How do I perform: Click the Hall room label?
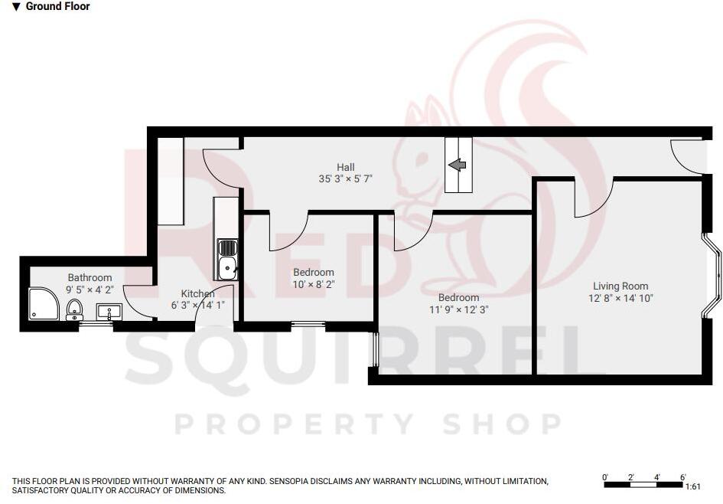coord(346,167)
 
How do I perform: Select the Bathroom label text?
coord(90,277)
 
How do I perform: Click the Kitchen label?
coord(197,293)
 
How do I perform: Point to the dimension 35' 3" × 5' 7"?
coord(347,180)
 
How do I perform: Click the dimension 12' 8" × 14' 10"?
coord(620,298)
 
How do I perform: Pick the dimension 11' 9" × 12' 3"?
coord(459,310)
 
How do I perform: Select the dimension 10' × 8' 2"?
coord(314,284)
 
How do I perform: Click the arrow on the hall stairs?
coord(458,165)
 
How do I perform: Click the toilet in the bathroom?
coord(74,309)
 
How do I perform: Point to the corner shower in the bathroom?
coord(43,303)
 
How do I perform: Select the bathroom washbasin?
coord(109,311)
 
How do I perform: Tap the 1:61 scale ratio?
coord(692,486)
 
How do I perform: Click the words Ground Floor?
coord(57,7)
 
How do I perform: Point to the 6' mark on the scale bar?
coord(682,477)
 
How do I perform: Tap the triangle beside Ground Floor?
coord(16,7)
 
